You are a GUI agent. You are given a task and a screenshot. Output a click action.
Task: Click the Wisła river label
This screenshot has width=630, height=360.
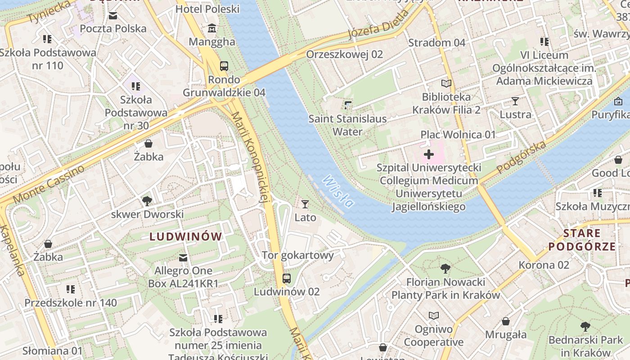pos(338,191)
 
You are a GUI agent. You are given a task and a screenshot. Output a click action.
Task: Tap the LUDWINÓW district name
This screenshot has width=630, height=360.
pos(186,237)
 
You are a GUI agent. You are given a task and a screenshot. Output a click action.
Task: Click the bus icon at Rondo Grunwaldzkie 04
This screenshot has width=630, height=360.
pos(224,66)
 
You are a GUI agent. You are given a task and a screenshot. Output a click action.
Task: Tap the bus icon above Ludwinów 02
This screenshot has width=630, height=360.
pos(287,278)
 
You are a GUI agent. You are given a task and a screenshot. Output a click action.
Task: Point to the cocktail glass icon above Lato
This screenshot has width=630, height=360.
pos(305,204)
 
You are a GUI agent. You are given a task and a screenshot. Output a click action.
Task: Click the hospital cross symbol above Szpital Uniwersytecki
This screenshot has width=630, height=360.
pos(429,155)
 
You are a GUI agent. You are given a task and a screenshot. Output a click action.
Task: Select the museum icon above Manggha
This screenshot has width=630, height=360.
pos(212,29)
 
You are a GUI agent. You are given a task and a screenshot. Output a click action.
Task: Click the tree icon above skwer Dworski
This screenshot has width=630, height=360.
pos(147,201)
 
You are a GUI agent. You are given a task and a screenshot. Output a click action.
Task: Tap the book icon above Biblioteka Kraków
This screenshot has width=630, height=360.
pos(446,84)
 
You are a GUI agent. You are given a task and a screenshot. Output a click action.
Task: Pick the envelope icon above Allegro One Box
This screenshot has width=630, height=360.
pos(183,258)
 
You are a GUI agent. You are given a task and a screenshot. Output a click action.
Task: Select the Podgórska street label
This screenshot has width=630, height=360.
pos(522,157)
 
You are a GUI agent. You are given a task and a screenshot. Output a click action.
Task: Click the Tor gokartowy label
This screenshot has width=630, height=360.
pos(298,256)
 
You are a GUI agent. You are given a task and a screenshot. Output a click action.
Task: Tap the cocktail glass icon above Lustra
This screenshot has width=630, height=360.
pos(515,101)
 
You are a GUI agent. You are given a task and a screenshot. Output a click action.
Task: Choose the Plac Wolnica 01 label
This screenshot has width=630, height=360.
pos(458,135)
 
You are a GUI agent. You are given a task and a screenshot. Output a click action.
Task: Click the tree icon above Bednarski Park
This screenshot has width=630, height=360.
pos(585,327)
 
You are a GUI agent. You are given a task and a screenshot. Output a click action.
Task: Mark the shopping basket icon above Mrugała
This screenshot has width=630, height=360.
pos(506,321)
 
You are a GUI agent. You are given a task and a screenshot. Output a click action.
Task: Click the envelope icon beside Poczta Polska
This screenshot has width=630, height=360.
pos(113,16)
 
